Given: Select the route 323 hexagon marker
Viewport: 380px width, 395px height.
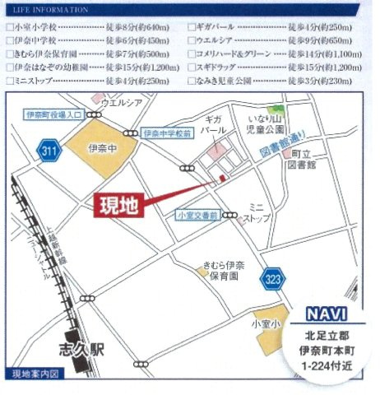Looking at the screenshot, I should (273, 280).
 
